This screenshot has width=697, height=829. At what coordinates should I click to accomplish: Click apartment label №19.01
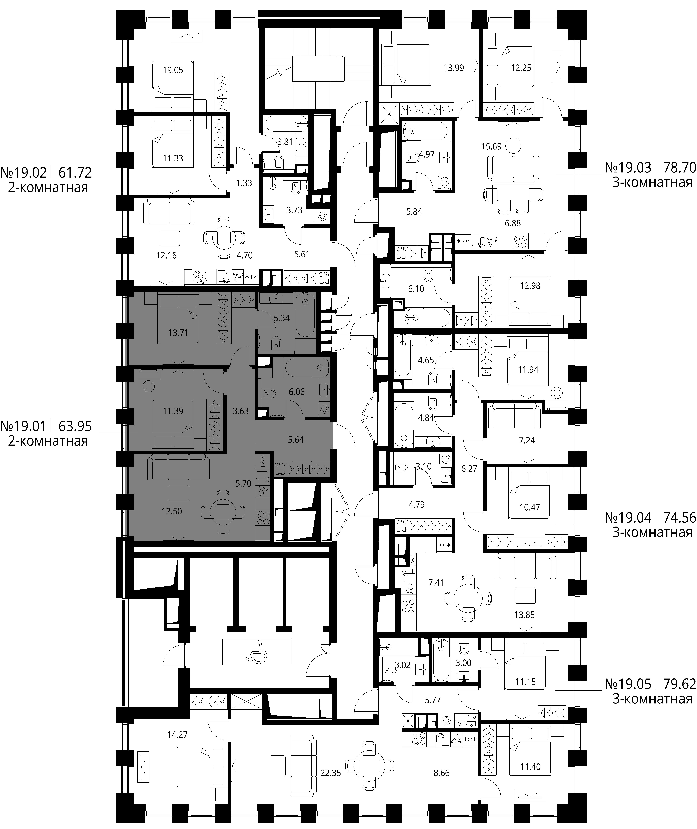pos(24,426)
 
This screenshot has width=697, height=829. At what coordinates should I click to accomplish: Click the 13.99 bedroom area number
pos(454,68)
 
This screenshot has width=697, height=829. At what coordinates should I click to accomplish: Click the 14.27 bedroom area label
pos(177,735)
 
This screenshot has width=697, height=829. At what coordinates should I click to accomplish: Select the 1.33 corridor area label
pos(244,183)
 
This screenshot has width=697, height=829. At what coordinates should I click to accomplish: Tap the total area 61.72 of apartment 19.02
pos(75,173)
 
